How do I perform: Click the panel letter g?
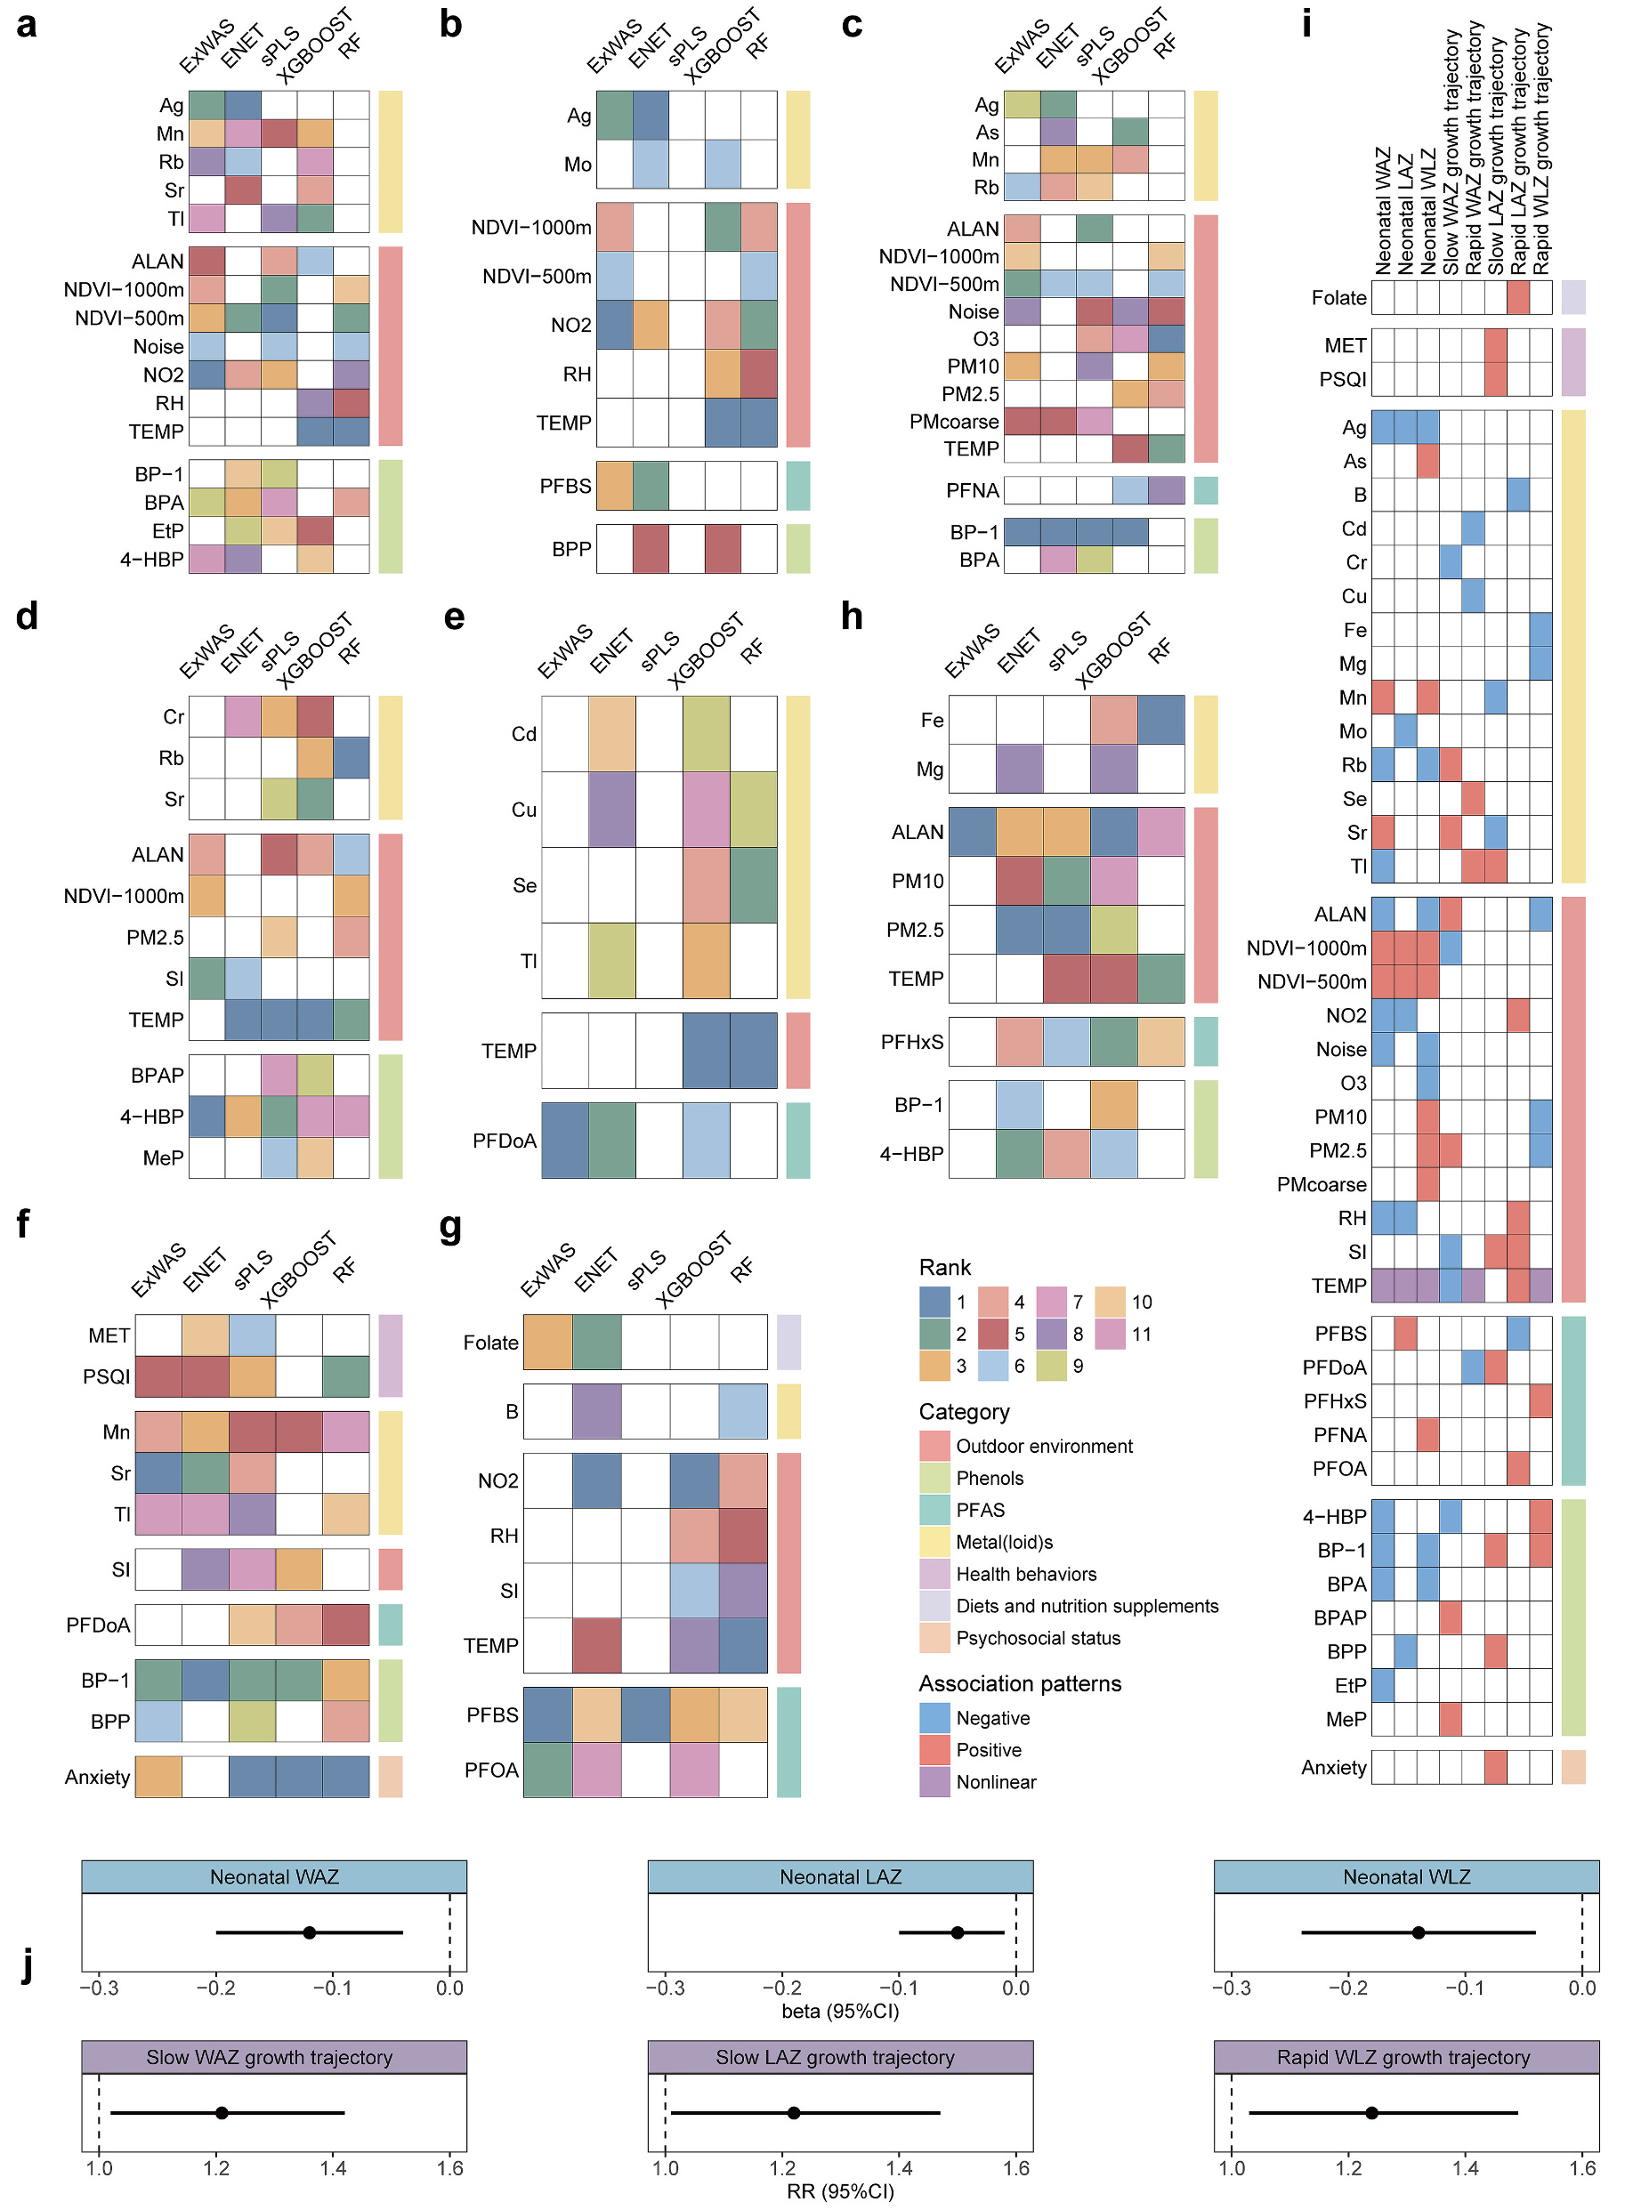(x=450, y=1228)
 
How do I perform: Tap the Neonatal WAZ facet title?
(x=273, y=1876)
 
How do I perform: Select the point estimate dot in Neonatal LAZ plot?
(x=957, y=1932)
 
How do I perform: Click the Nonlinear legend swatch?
(x=934, y=1781)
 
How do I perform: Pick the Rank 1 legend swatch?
(x=934, y=1302)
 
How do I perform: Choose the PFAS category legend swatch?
(x=934, y=1510)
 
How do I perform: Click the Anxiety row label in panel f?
(x=96, y=1776)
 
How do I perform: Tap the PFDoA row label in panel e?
(x=504, y=1141)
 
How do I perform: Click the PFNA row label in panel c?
(x=972, y=490)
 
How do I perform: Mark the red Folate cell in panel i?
(x=1518, y=297)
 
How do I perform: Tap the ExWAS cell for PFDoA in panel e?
(x=564, y=1141)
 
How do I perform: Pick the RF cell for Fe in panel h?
(x=1160, y=720)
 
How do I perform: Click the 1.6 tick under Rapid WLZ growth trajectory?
(x=1581, y=2167)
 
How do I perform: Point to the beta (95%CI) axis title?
(x=840, y=2012)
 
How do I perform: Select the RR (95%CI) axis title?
(x=840, y=2191)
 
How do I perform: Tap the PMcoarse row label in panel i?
(x=1321, y=1184)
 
